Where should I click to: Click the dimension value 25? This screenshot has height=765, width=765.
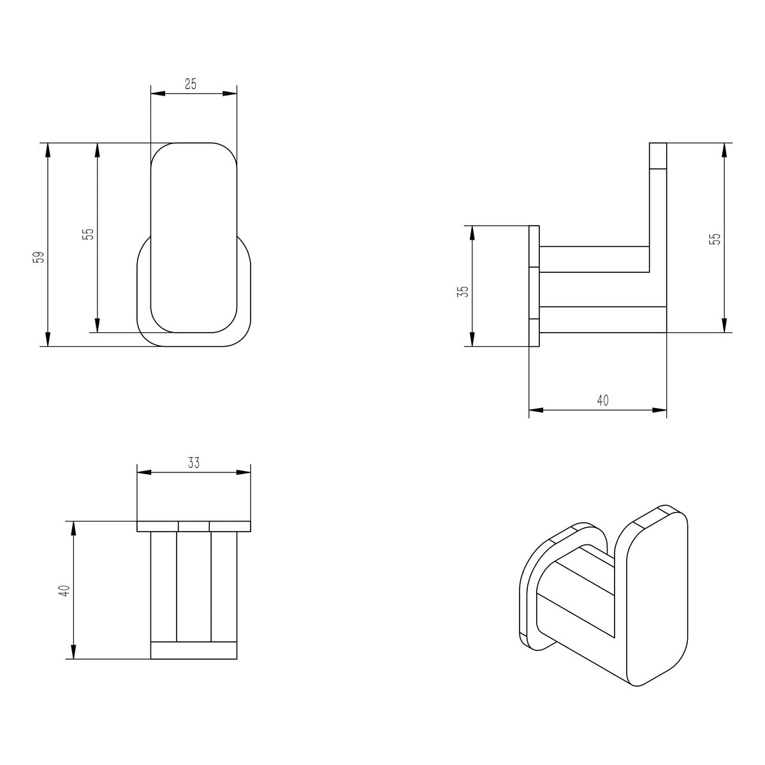(x=191, y=84)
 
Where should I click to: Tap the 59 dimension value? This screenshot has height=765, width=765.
(x=40, y=258)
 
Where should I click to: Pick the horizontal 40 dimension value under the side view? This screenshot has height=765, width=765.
(x=602, y=400)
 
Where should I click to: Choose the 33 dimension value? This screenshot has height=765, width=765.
(x=194, y=463)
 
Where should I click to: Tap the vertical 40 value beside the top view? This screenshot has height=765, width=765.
(x=66, y=590)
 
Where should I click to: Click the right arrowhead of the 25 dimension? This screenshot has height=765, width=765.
(x=230, y=94)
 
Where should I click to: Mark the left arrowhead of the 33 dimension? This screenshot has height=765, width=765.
(x=144, y=472)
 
